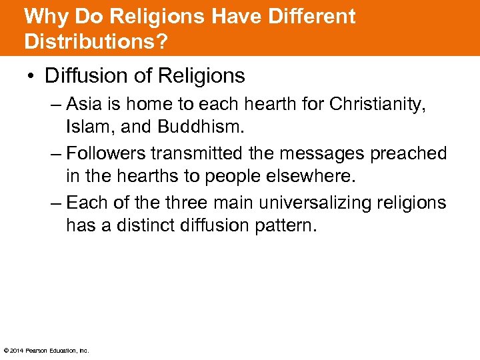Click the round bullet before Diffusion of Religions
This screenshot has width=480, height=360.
click(32, 77)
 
